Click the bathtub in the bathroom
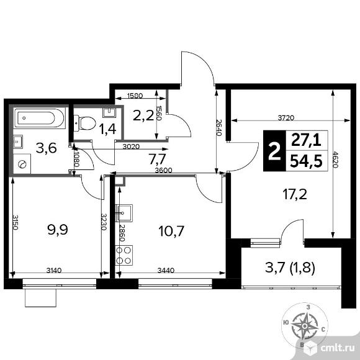(x=40, y=118)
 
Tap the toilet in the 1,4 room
(x=84, y=123)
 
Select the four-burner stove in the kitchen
(x=124, y=255)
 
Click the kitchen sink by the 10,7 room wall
(x=124, y=213)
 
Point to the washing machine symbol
(x=22, y=164)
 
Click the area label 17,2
(x=295, y=194)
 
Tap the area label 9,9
(x=58, y=230)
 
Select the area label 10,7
(x=171, y=231)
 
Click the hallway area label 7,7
(x=157, y=159)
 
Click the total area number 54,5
(x=306, y=161)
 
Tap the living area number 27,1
(x=306, y=140)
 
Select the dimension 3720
(x=286, y=118)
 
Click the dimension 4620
(x=336, y=160)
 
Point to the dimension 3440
(x=166, y=271)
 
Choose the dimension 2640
(x=219, y=128)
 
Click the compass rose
(x=304, y=326)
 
